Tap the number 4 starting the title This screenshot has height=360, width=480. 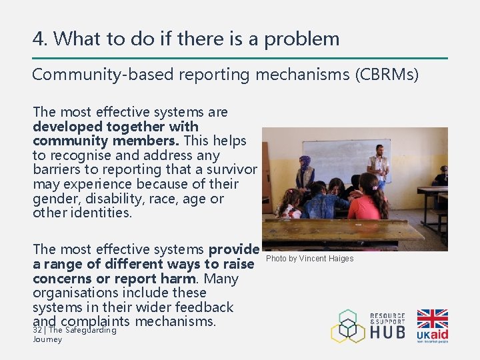(39, 39)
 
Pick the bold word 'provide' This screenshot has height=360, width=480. (233, 249)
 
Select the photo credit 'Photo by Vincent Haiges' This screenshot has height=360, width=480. (310, 259)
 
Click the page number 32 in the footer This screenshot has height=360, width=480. (37, 329)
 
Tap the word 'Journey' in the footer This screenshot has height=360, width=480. (47, 339)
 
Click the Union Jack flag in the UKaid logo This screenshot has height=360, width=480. (432, 319)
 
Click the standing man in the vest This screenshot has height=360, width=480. (379, 167)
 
